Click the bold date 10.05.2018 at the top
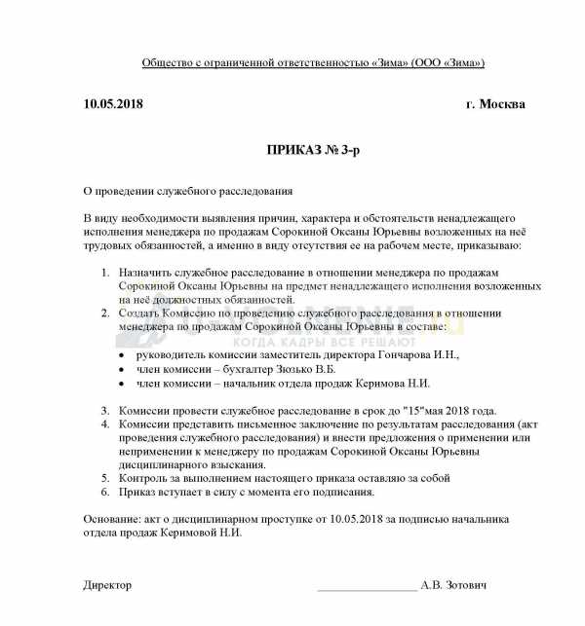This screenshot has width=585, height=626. [114, 104]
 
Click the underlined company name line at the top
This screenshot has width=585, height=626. [313, 63]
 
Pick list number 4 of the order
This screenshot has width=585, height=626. [106, 425]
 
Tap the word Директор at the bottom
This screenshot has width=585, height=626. [106, 585]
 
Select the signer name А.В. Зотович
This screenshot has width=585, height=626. [453, 585]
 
